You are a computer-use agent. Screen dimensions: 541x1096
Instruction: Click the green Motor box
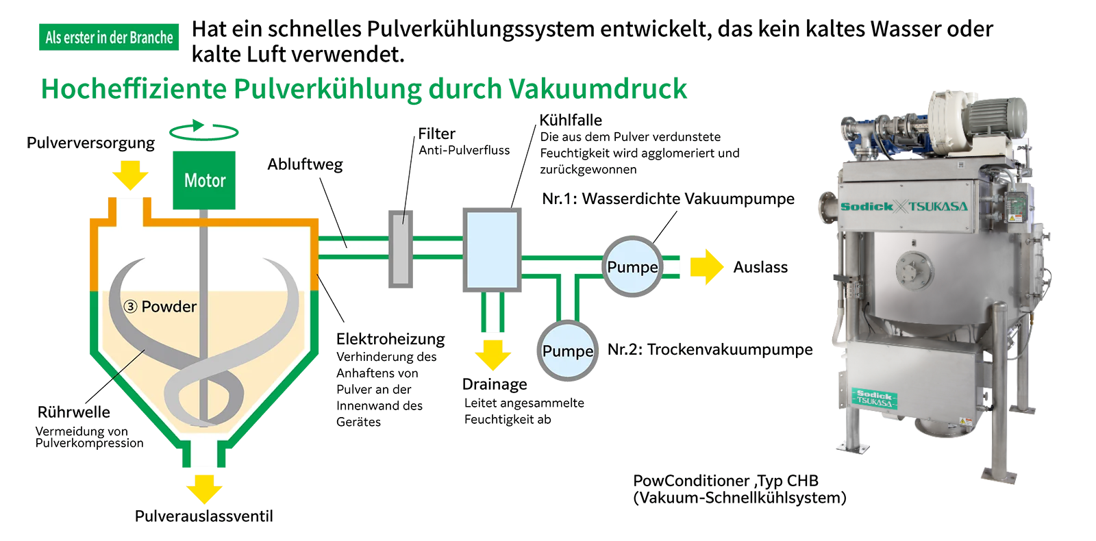(204, 180)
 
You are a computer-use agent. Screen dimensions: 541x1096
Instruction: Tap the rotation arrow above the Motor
(203, 129)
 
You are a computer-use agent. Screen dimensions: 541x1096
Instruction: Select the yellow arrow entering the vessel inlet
(130, 175)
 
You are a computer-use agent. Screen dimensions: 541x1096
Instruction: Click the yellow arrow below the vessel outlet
(204, 488)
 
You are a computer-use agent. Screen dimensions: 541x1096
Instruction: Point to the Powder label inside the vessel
(169, 306)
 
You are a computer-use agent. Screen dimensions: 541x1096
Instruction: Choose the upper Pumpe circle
(632, 266)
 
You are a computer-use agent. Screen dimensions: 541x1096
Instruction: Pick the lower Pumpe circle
(567, 351)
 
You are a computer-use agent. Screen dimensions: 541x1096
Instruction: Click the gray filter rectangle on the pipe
(401, 249)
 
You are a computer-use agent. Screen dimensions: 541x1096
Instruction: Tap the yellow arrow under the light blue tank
(493, 353)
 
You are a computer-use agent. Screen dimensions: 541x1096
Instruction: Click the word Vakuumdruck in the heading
(598, 89)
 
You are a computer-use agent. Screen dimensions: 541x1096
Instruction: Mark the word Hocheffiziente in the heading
(134, 89)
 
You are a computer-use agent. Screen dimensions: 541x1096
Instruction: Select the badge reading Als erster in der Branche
(109, 37)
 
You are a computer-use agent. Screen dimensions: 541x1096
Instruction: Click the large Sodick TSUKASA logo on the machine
(904, 206)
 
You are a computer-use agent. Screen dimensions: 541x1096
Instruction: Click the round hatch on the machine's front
(913, 266)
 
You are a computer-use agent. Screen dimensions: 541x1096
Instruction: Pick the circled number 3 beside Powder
(130, 306)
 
